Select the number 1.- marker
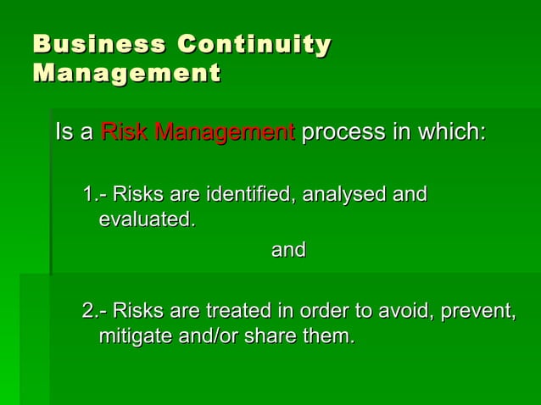pyautogui.click(x=94, y=196)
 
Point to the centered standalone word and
pyautogui.click(x=287, y=251)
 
